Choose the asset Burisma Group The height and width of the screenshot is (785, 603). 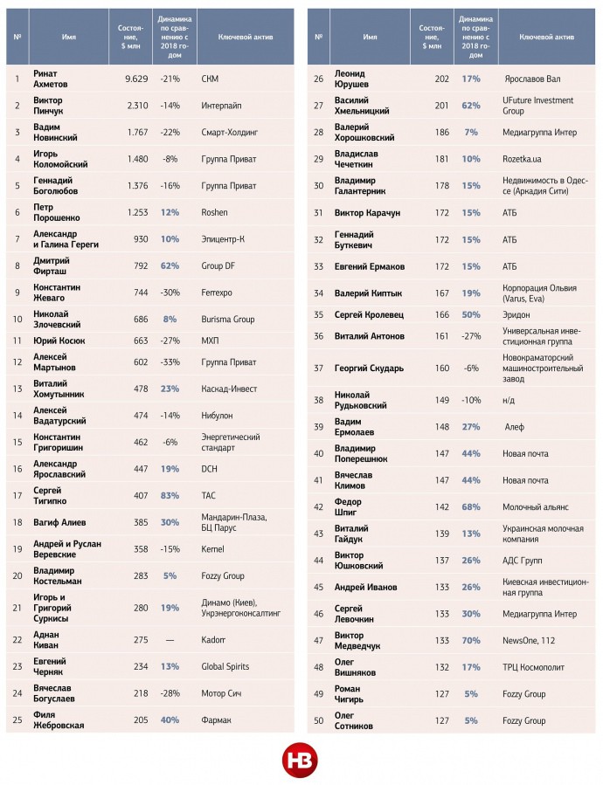(227, 320)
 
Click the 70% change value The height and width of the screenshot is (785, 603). (471, 640)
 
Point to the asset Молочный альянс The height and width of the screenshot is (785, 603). (536, 507)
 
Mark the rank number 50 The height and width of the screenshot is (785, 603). (319, 720)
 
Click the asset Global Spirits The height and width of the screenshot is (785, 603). (228, 666)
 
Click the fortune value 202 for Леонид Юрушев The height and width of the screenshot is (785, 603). (441, 79)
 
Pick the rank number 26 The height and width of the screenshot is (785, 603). (319, 79)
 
